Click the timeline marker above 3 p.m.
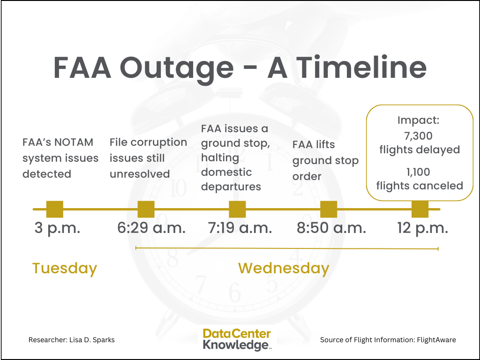click(x=55, y=209)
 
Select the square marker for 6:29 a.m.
click(x=146, y=209)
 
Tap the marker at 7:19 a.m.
click(x=237, y=209)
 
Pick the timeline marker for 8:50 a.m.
click(x=328, y=209)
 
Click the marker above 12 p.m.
click(x=420, y=209)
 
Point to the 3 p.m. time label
click(x=57, y=228)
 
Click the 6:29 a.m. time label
click(x=151, y=228)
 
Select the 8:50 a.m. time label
click(x=331, y=228)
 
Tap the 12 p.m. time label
click(x=422, y=228)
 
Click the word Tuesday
click(x=65, y=269)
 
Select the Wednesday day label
click(x=284, y=269)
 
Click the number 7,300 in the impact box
click(x=419, y=136)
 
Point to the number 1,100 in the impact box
click(x=419, y=172)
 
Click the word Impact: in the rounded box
click(x=419, y=120)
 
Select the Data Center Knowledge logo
click(x=237, y=340)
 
